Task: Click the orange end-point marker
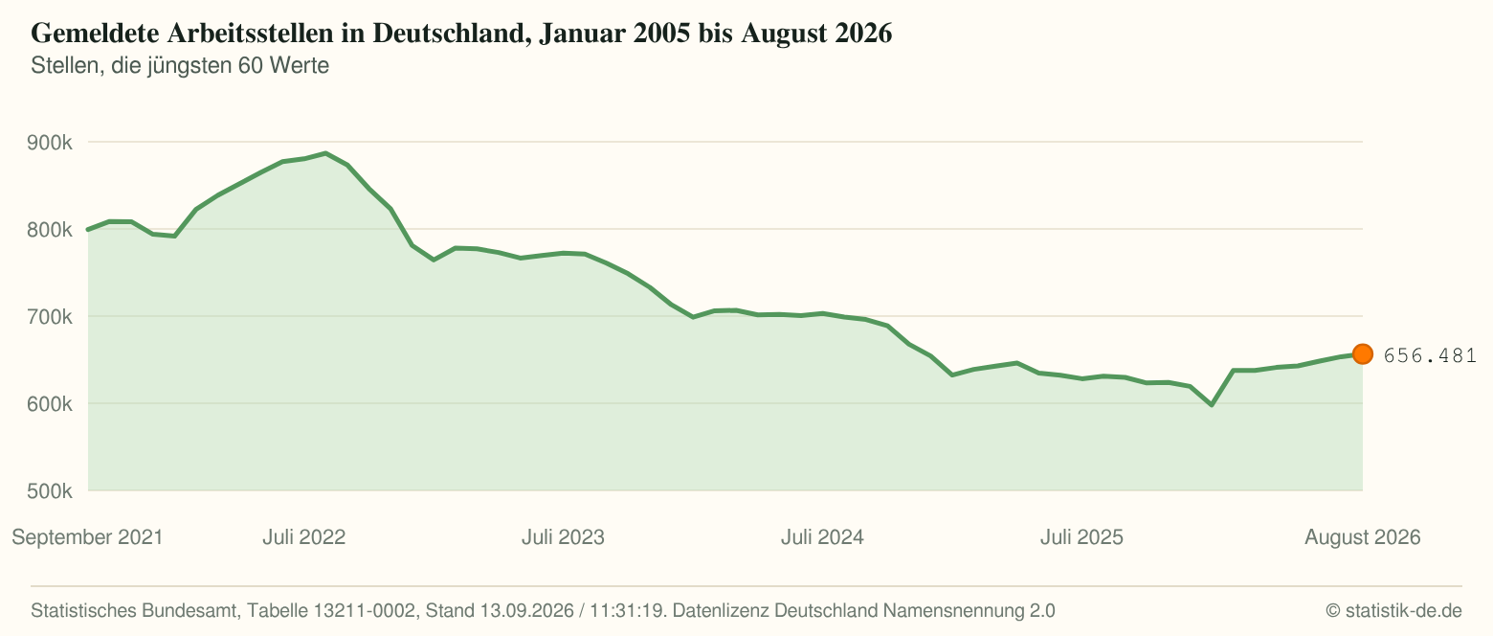click(x=1363, y=354)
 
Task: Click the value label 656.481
click(x=1431, y=355)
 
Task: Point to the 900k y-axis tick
click(x=50, y=142)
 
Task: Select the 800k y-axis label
click(x=50, y=230)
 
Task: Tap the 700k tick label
click(x=50, y=316)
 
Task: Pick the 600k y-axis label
click(x=50, y=404)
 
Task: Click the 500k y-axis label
click(x=50, y=491)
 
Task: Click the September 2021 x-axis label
click(x=87, y=537)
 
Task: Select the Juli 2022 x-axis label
click(x=304, y=537)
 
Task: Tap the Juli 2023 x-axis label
click(x=563, y=537)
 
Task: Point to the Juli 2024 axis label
click(x=822, y=537)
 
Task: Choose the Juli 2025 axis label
click(x=1081, y=537)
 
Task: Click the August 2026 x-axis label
click(x=1363, y=537)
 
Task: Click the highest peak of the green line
click(x=325, y=153)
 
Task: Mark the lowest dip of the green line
click(x=1211, y=405)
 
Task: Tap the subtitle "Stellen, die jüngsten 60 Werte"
click(x=180, y=66)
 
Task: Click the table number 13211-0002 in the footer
click(x=365, y=611)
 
